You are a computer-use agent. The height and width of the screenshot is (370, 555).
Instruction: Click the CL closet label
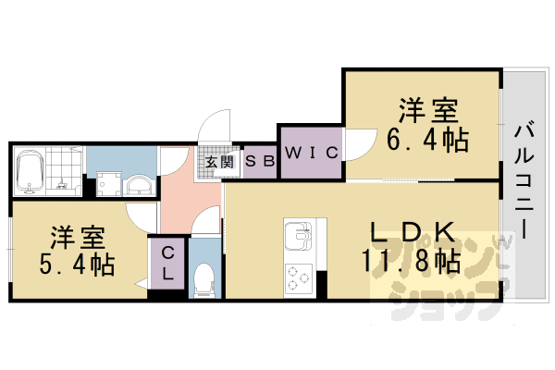[168, 263]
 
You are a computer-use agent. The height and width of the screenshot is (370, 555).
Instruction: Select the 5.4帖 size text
[78, 265]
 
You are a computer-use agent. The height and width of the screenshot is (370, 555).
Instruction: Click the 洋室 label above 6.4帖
[427, 111]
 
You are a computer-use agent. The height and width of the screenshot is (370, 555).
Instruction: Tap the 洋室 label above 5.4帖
[78, 237]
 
